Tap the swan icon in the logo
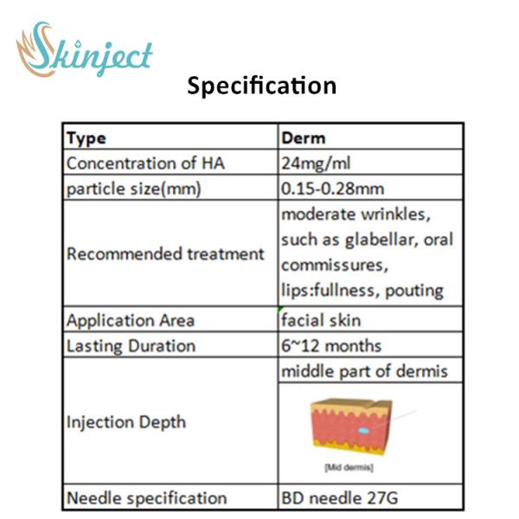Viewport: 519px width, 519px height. (x=37, y=48)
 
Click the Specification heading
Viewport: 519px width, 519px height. (x=261, y=86)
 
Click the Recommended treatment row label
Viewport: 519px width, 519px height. (x=165, y=254)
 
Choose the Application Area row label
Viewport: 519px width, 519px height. (x=131, y=320)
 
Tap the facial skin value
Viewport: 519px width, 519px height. (x=321, y=320)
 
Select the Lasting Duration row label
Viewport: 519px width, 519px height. (x=131, y=346)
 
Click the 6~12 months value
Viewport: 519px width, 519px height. (x=330, y=346)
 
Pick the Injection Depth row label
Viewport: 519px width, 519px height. (x=126, y=422)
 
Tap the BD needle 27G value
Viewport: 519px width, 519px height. (x=340, y=497)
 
